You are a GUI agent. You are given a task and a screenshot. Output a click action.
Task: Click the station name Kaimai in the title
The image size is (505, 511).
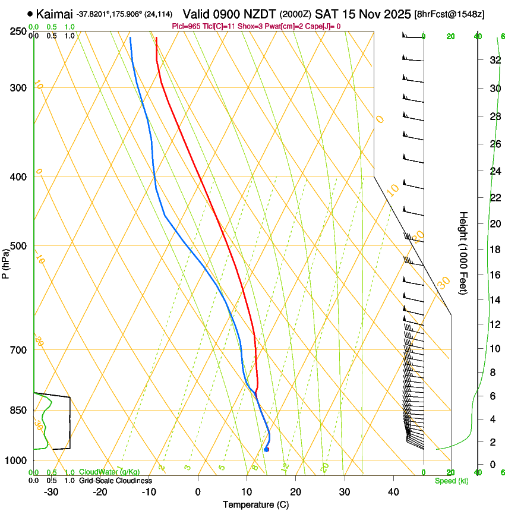click(x=54, y=14)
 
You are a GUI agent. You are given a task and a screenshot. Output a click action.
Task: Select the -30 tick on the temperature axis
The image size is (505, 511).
click(x=51, y=492)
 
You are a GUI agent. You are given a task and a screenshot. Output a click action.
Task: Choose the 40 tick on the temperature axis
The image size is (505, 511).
click(x=393, y=492)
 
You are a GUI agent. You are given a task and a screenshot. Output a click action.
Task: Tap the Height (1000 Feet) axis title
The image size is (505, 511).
click(x=464, y=253)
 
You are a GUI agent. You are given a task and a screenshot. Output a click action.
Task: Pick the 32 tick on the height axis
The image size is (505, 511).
click(x=494, y=60)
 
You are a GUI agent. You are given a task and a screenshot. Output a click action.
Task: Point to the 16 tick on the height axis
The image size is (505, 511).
click(x=494, y=275)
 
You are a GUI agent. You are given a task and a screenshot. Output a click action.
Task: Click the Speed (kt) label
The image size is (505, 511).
click(x=451, y=481)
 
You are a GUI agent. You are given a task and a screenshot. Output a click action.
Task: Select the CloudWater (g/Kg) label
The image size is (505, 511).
click(x=109, y=472)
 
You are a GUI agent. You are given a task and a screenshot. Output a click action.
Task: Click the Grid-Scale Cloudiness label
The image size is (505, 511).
click(x=115, y=481)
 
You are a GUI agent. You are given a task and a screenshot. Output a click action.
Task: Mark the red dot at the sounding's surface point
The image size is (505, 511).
click(x=267, y=450)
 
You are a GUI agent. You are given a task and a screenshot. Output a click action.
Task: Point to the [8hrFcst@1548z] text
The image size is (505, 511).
click(x=449, y=14)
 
